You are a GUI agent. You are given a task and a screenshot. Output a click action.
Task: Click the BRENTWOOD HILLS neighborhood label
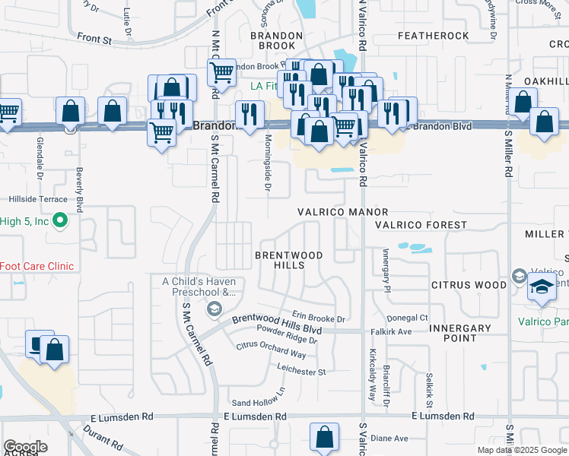tap(288, 260)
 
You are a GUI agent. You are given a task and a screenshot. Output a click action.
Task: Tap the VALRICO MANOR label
tap(342, 213)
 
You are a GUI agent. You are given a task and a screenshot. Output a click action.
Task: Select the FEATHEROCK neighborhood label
tap(433, 36)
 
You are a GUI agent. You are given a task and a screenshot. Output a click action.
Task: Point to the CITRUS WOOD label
tap(468, 285)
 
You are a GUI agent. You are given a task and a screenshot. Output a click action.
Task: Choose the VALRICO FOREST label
tap(421, 225)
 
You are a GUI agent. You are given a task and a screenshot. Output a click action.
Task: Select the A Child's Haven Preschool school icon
tap(214, 307)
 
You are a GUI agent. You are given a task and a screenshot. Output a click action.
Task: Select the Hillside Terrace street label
tap(37, 198)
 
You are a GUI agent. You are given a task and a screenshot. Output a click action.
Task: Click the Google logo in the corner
tap(25, 447)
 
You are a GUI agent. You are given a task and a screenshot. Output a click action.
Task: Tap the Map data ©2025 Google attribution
tap(521, 450)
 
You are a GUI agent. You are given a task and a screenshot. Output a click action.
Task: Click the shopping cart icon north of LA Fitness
tap(221, 74)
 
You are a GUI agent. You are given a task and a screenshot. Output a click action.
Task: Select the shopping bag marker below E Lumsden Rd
tap(324, 438)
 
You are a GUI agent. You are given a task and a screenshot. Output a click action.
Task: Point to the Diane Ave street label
tap(389, 439)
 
